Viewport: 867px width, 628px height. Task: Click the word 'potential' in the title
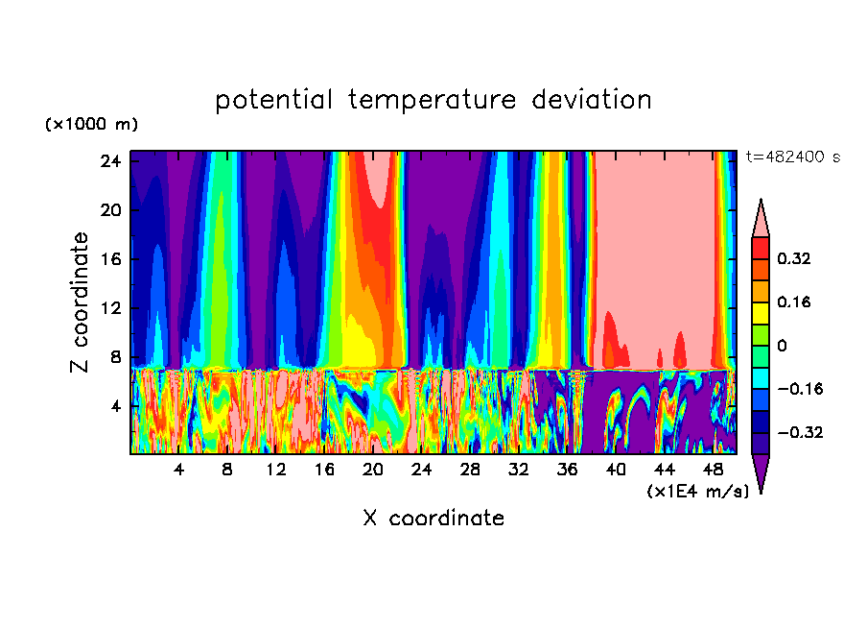coord(274,100)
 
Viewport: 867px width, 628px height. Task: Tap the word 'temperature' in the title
coord(433,100)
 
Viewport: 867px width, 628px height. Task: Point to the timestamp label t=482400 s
coord(792,157)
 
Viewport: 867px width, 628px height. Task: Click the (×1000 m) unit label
coord(91,125)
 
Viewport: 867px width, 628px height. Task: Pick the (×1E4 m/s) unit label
coord(697,492)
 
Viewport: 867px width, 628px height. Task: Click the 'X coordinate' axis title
coord(433,519)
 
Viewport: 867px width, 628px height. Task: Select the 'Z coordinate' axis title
coord(81,302)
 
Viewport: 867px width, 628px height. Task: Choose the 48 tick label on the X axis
coord(713,471)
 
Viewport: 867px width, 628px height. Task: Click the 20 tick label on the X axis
coord(373,471)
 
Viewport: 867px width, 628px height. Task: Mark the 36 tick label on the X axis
coord(567,471)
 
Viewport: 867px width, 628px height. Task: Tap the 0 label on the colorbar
coord(782,346)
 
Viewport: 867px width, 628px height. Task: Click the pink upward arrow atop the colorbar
coord(761,217)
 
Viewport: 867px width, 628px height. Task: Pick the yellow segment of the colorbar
coord(761,312)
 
